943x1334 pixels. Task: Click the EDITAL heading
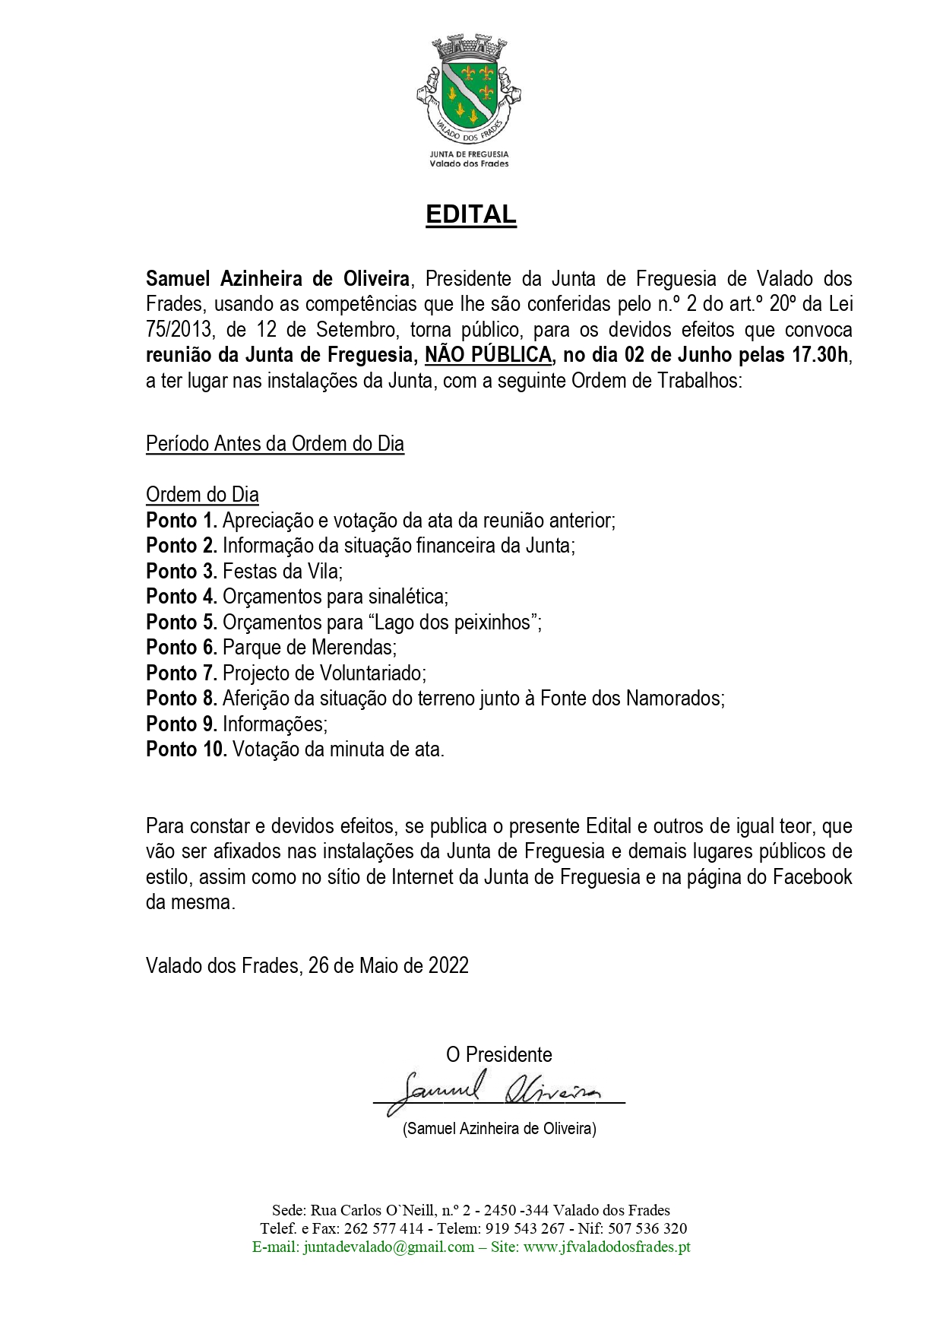coord(470,215)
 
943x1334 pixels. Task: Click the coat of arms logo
coord(468,87)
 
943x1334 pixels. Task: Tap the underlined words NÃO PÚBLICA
coord(488,355)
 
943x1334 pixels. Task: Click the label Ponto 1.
coord(182,521)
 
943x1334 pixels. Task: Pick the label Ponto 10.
coord(186,749)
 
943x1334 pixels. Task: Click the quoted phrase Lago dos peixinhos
coord(454,623)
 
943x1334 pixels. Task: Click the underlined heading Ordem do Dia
coord(202,495)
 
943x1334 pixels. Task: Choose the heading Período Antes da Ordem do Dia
coord(274,444)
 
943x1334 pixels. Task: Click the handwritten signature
coord(498,1091)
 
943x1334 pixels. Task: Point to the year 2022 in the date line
coord(448,966)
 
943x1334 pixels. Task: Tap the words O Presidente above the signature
coord(498,1055)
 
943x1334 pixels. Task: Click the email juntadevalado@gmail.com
coord(388,1247)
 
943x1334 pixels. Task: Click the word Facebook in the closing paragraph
coord(812,877)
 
